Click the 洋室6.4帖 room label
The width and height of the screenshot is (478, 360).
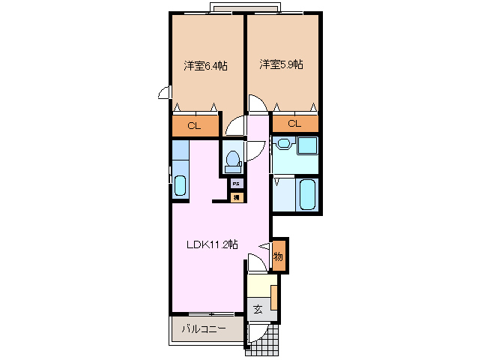[206, 66]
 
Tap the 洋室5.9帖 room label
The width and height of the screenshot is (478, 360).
[282, 65]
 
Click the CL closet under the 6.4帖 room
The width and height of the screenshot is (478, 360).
[194, 125]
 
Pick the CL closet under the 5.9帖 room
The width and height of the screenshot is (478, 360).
[294, 124]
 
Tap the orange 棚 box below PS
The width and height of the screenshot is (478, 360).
[236, 197]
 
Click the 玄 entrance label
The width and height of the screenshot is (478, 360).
[257, 308]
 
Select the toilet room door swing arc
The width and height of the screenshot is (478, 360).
[255, 150]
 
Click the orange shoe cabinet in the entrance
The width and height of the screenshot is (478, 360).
[275, 297]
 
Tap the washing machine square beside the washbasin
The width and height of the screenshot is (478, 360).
[307, 145]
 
